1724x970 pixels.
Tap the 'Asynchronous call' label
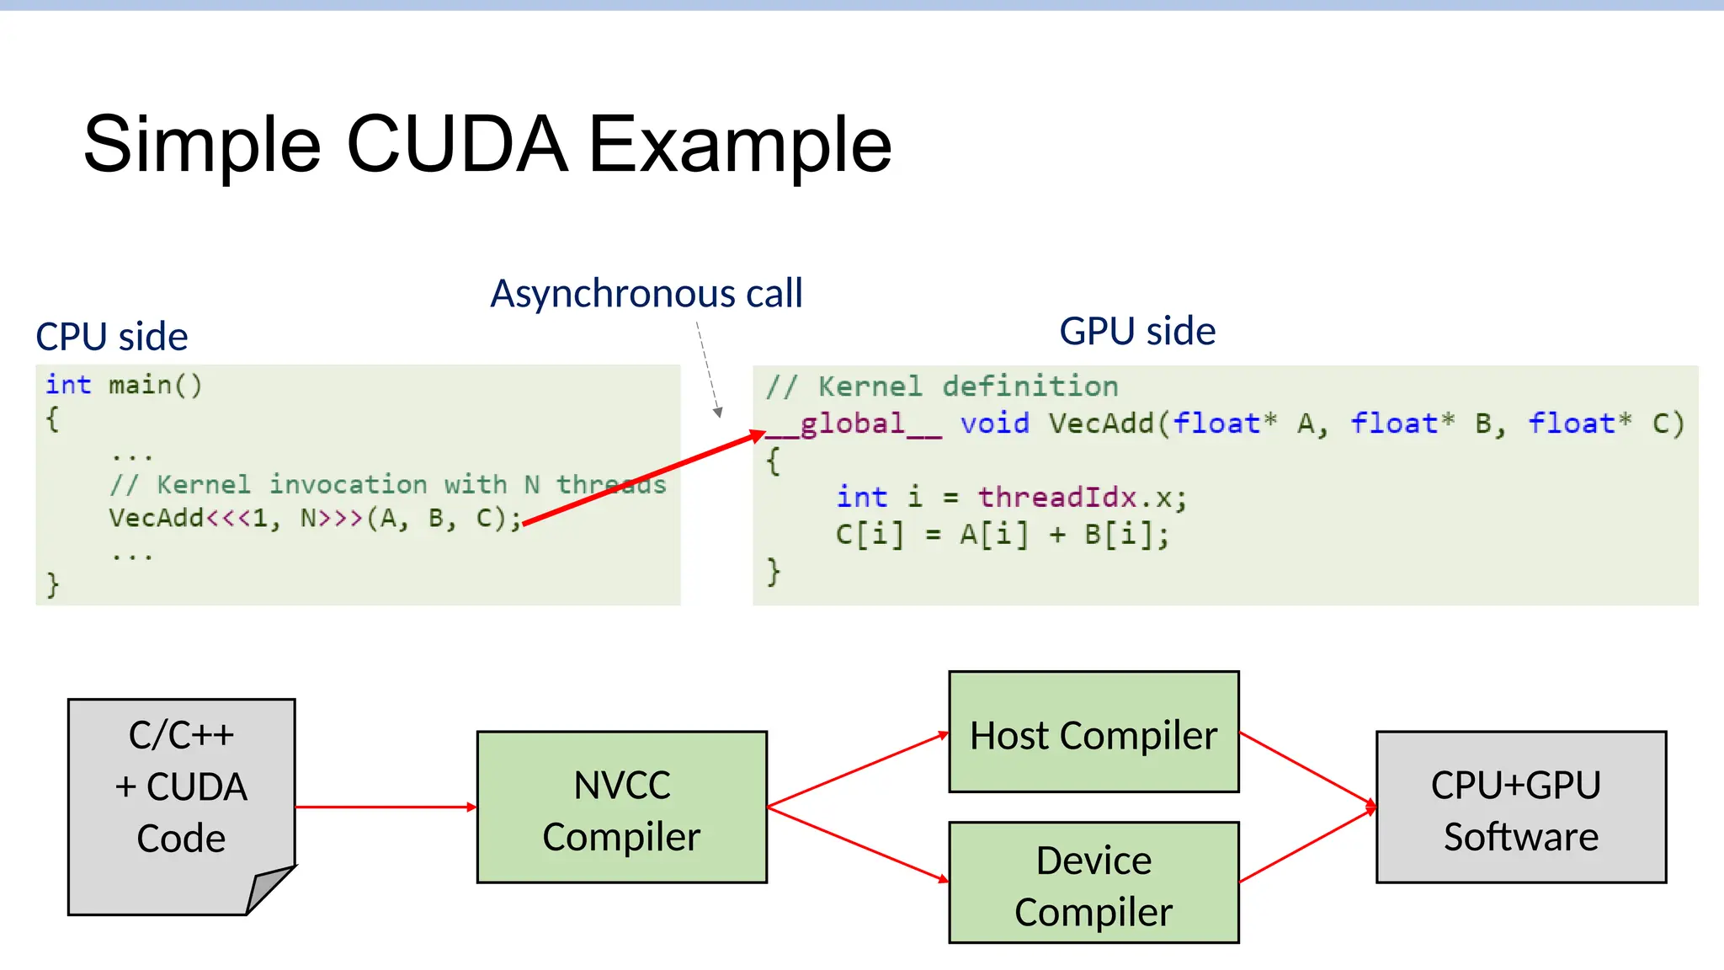646,294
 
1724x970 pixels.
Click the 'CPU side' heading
111,337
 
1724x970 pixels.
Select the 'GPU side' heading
1136,331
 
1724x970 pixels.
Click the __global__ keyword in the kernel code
854,424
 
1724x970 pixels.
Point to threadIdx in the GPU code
1056,498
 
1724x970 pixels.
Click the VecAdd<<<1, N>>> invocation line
315,518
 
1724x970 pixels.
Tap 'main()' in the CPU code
155,386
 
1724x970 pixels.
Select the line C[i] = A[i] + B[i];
1002,535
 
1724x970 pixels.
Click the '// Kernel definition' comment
942,386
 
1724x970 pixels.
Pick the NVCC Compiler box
621,807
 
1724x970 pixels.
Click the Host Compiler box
1093,733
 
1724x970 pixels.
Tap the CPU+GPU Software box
1520,807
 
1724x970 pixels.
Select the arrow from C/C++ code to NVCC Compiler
386,807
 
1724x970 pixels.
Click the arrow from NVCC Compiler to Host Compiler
857,770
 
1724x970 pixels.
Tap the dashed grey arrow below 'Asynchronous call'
708,370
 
